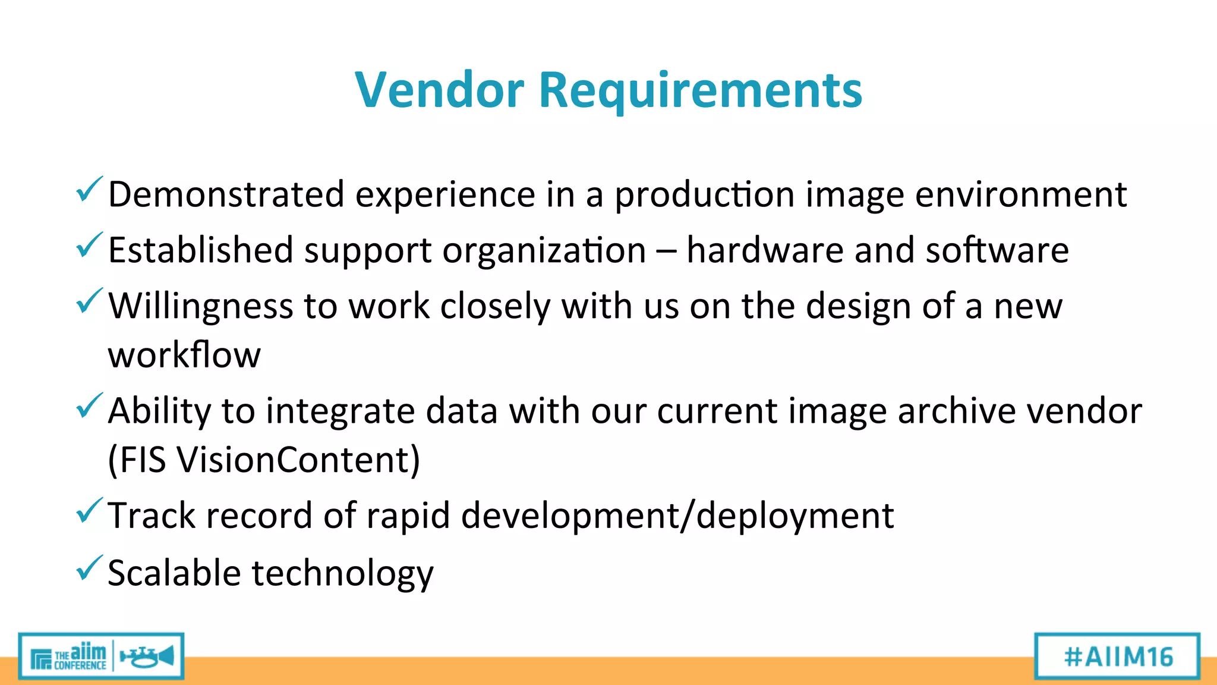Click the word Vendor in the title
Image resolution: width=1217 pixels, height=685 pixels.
point(440,90)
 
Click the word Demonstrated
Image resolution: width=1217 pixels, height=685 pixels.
point(226,194)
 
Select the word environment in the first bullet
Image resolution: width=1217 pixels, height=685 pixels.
point(1020,194)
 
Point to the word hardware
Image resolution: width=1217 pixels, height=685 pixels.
point(765,250)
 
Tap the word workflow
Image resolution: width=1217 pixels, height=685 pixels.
point(184,356)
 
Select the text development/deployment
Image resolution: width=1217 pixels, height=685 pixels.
point(677,516)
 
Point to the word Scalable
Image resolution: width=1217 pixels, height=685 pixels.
point(174,573)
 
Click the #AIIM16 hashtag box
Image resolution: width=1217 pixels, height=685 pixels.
point(1117,656)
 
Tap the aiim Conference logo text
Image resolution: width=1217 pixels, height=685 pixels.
point(80,656)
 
